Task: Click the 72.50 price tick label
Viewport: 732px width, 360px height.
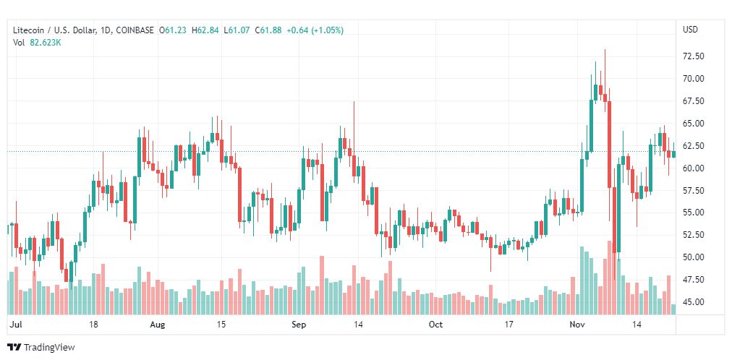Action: coord(694,56)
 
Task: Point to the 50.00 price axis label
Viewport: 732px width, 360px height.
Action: coord(694,257)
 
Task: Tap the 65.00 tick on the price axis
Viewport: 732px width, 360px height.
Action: coord(694,124)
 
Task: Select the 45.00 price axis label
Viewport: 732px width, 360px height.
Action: coord(694,302)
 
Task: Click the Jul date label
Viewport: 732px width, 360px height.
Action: coord(15,325)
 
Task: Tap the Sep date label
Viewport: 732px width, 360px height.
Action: coord(298,325)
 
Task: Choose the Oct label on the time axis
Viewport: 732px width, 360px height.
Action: coord(435,325)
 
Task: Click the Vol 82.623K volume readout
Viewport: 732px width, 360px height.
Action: coord(37,42)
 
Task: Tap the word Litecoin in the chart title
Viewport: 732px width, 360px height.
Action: coord(30,30)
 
